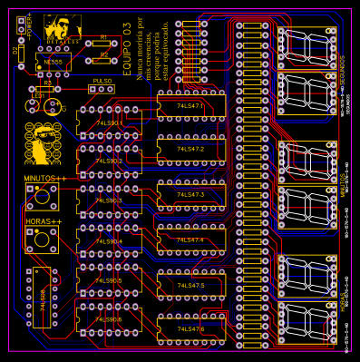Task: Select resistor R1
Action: (x=102, y=42)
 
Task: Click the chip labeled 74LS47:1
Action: (x=190, y=107)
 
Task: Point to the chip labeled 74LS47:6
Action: (x=190, y=328)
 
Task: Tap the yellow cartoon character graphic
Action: (x=40, y=143)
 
